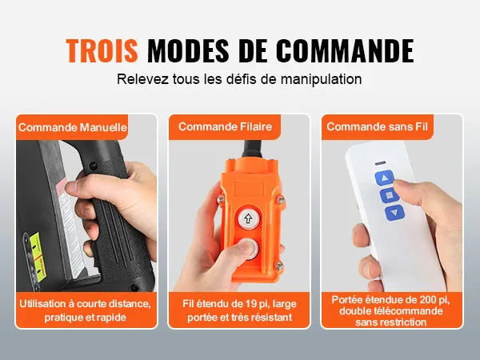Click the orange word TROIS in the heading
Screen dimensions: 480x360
[102, 50]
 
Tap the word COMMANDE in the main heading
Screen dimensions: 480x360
[345, 50]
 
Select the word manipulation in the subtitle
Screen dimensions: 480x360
[321, 79]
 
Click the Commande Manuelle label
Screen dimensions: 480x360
[73, 127]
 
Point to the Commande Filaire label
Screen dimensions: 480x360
[225, 126]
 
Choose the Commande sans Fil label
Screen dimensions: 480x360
[377, 126]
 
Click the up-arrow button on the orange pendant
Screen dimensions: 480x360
[248, 218]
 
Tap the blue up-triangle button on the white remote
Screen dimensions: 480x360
[384, 178]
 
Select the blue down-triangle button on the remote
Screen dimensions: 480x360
[394, 213]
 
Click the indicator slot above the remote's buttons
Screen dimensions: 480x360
[381, 163]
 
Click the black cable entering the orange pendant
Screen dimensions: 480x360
[252, 149]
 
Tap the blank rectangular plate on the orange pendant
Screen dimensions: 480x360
[249, 188]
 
